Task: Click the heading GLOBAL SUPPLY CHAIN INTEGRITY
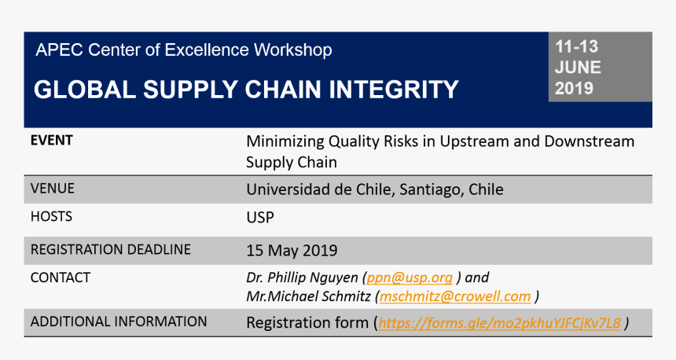coord(246,90)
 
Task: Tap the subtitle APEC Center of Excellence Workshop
coord(183,50)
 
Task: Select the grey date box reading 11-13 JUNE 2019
coord(599,68)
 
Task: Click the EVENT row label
coord(51,141)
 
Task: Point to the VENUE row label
coord(52,189)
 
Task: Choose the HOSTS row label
coord(50,216)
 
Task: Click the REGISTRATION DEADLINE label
coord(110,250)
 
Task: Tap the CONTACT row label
coord(60,277)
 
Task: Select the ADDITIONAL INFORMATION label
coord(119,321)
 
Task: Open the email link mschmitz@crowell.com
coord(455,296)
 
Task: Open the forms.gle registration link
coord(499,323)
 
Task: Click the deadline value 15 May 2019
coord(292,251)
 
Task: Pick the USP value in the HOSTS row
coord(260,217)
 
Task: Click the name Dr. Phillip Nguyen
coord(303,278)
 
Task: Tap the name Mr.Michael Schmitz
coord(309,296)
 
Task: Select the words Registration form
coord(307,323)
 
